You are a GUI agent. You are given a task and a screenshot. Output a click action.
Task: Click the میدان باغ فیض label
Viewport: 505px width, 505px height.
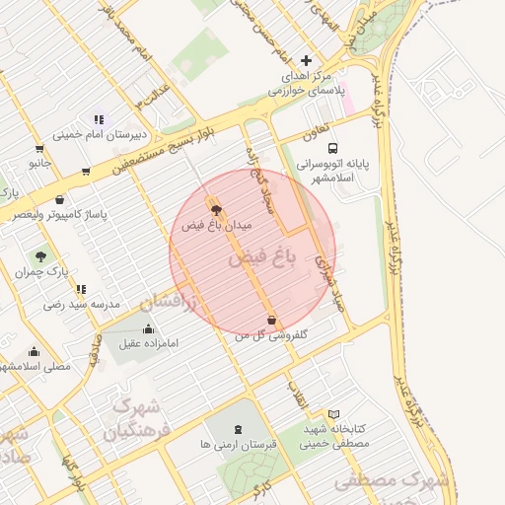tap(217, 226)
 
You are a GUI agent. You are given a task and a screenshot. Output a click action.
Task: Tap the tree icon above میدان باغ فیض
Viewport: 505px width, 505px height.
tap(217, 209)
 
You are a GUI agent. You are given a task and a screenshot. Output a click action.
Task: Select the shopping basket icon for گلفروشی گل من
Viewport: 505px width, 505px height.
tap(272, 320)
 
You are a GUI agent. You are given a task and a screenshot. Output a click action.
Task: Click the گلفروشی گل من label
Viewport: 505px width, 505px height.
tap(271, 335)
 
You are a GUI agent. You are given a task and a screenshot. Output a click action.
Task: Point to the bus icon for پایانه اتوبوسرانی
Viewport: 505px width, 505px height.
tap(333, 147)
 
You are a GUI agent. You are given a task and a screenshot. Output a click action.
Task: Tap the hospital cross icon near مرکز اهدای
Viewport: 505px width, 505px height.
tap(306, 60)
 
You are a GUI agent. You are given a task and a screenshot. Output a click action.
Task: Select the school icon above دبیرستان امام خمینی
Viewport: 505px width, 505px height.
tap(99, 119)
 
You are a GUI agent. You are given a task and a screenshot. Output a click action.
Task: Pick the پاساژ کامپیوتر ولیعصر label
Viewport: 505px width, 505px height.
tap(60, 215)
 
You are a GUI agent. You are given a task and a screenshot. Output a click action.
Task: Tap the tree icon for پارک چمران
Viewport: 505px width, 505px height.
tap(40, 255)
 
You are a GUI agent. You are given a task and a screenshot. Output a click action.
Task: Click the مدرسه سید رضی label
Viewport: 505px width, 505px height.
tap(82, 305)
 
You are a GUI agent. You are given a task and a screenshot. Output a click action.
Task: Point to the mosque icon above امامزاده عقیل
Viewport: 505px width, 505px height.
tap(149, 328)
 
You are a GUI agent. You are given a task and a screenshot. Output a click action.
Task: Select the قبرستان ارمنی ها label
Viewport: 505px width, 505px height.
tap(238, 445)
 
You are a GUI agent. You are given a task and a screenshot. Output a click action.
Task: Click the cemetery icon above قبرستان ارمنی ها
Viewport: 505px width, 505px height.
tap(238, 428)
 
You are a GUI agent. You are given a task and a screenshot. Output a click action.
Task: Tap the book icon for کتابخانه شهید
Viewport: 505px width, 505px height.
tap(333, 414)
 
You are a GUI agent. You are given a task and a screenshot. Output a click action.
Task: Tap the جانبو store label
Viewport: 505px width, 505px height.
tap(39, 162)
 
